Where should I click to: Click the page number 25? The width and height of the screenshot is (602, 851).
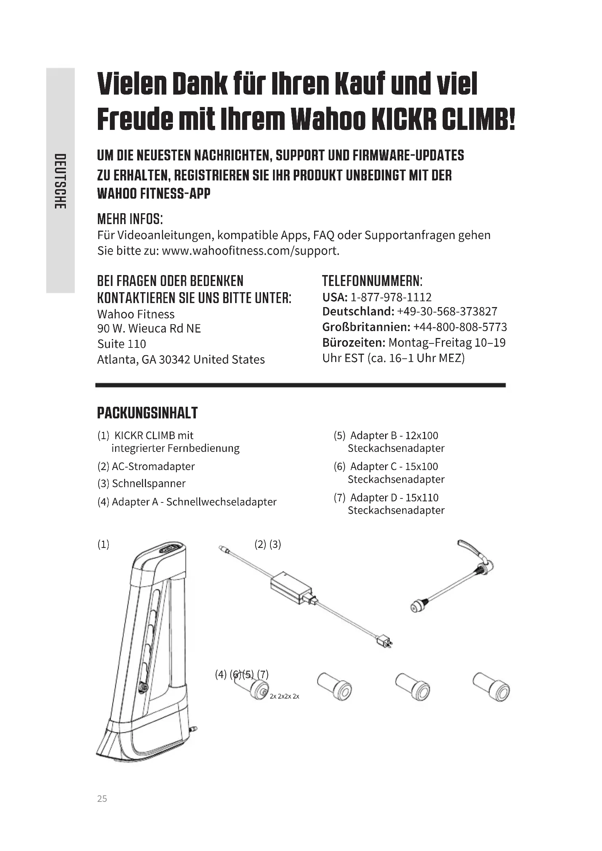(102, 799)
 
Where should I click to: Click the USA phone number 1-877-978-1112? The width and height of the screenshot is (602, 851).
(391, 297)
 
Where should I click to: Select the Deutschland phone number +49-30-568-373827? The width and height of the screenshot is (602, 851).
(447, 311)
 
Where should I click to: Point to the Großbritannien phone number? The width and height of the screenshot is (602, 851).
(460, 327)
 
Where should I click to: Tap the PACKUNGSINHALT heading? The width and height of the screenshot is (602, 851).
(147, 413)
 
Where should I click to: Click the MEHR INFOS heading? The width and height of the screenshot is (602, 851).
(130, 219)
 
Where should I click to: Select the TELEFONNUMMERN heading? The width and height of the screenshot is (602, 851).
(372, 281)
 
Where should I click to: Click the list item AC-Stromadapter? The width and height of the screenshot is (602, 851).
(153, 466)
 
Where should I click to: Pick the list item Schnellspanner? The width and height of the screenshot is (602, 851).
(148, 483)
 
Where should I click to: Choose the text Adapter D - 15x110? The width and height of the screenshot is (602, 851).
(394, 497)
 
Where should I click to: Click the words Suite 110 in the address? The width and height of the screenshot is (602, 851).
(122, 344)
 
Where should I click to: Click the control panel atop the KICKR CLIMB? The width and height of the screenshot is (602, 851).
(172, 549)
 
